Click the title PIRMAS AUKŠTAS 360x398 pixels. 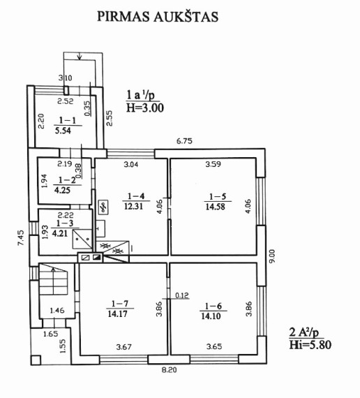158,17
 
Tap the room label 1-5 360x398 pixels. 218,196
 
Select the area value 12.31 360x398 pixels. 133,206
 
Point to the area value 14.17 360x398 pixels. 117,314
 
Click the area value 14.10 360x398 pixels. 211,316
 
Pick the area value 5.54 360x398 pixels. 63,131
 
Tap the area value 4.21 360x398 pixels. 60,233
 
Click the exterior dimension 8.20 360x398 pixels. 170,370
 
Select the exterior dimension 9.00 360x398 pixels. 271,256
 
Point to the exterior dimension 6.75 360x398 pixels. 184,141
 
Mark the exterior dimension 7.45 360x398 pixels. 20,237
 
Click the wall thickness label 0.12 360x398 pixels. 182,295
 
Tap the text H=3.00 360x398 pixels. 145,108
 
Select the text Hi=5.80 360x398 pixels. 310,345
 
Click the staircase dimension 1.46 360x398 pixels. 57,310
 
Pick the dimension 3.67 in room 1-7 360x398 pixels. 123,347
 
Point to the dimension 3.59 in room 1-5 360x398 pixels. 213,164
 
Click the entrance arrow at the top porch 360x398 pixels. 80,57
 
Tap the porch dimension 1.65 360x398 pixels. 50,334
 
